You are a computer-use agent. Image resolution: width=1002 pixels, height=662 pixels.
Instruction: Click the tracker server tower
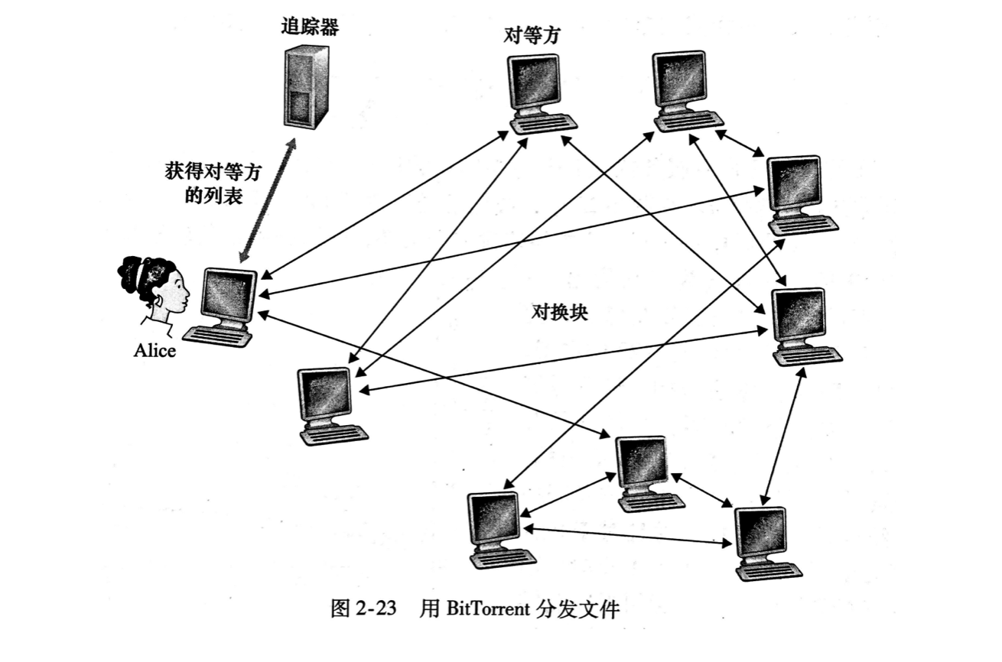[306, 86]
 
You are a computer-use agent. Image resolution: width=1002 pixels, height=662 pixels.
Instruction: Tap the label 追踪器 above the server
[309, 28]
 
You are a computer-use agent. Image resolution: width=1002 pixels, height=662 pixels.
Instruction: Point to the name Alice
[155, 351]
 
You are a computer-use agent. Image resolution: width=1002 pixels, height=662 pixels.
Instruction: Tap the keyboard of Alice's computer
[217, 336]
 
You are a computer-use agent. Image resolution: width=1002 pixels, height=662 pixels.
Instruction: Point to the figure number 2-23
[376, 609]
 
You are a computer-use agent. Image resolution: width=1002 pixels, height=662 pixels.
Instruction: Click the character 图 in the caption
[339, 609]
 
